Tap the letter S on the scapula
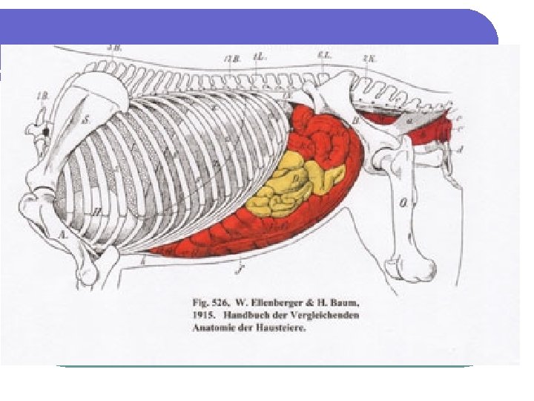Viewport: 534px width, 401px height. [87, 119]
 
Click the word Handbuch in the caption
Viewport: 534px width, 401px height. [247, 316]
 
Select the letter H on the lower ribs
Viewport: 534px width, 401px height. [97, 211]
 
